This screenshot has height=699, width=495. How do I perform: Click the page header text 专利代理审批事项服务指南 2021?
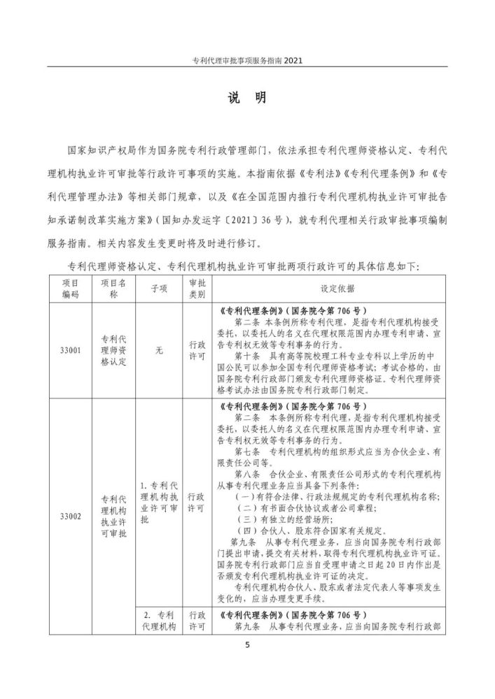pyautogui.click(x=247, y=60)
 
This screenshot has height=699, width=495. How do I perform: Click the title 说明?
pyautogui.click(x=247, y=98)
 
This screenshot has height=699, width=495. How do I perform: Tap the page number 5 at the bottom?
pyautogui.click(x=247, y=644)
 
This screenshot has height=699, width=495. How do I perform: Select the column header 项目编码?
pyautogui.click(x=71, y=288)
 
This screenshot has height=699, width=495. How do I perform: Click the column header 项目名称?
pyautogui.click(x=113, y=288)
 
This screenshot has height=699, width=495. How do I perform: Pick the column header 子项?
pyautogui.click(x=159, y=288)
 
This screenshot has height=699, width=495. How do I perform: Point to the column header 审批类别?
pyautogui.click(x=197, y=288)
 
